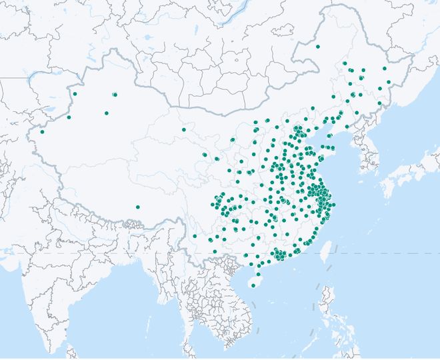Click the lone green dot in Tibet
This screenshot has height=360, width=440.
click(137, 207)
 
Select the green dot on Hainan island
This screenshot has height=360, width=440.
click(253, 286)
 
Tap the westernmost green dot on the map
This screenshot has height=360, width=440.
click(42, 131)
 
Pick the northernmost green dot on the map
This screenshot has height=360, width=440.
click(317, 47)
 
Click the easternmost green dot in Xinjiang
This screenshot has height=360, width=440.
click(115, 95)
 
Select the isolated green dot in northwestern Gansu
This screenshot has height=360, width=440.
click(183, 129)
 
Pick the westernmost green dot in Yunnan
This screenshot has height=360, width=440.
click(195, 235)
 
